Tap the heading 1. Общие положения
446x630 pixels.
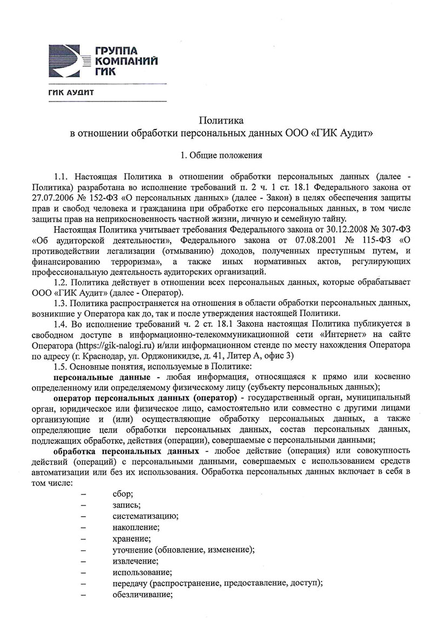pyautogui.click(x=221, y=155)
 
